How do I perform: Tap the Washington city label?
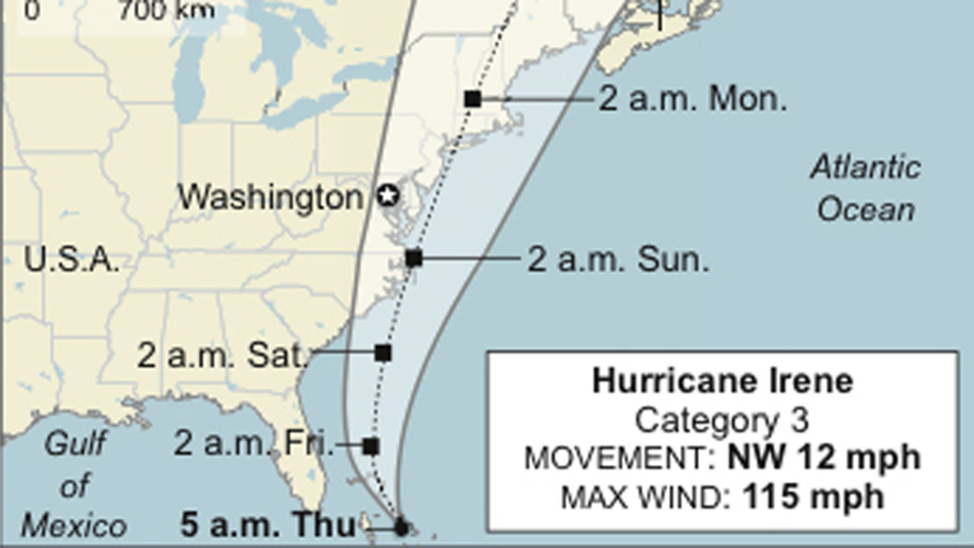pos(270,197)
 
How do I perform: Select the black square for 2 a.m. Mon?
pos(473,99)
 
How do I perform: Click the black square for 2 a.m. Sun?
pos(414,258)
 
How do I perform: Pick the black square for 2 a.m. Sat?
pos(383,353)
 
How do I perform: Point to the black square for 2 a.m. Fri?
pos(371,447)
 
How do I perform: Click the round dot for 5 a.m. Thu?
pos(401,527)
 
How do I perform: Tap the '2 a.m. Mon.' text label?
pos(693,99)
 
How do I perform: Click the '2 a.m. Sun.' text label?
pos(618,260)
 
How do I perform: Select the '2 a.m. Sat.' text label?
pos(222,355)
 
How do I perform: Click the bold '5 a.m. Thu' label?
pos(268,525)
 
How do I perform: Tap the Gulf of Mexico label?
pos(75,485)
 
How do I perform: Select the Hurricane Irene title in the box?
pos(723,381)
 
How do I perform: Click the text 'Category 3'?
pos(722,421)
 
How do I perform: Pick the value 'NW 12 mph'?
pos(824,458)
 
